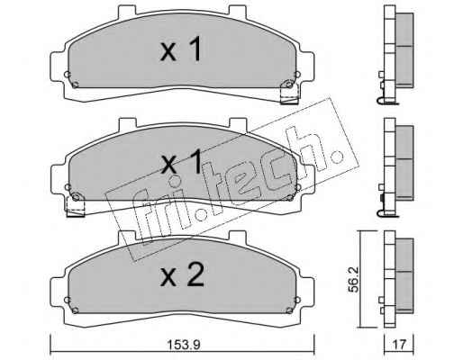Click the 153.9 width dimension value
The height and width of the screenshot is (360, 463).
[184, 345]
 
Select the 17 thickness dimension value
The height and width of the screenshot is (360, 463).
[399, 345]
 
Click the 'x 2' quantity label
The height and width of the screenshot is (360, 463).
[182, 274]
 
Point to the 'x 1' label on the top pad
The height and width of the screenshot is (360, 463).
[181, 49]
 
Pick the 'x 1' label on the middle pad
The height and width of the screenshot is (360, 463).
[182, 162]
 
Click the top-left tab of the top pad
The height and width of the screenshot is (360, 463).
[127, 10]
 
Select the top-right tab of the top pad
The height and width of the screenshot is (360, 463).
[238, 10]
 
